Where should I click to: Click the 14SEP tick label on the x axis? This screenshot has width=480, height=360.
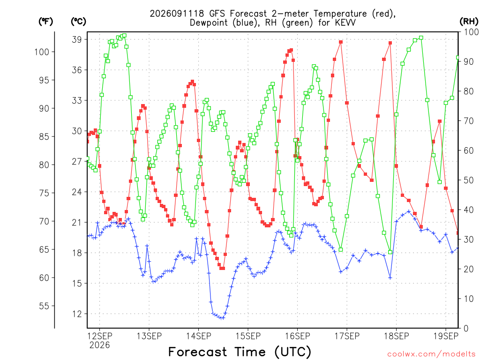tap(198, 336)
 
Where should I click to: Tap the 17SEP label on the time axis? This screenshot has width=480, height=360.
tap(347, 336)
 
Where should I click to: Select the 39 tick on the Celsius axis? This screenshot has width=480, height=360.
tap(77, 39)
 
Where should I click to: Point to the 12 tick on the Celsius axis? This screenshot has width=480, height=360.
tap(77, 314)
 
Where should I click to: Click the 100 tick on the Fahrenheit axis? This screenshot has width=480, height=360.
tap(42, 52)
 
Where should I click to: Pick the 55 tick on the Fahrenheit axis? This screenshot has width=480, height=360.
tap(44, 306)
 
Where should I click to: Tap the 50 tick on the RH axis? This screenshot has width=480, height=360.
tap(469, 180)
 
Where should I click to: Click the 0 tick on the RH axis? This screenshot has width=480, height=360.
tap(466, 329)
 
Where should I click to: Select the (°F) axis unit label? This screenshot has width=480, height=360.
tap(45, 22)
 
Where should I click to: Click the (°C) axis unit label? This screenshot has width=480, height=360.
tap(78, 22)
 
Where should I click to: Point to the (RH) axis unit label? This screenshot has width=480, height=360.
tap(469, 22)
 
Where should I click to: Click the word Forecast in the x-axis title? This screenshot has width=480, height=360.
tap(198, 352)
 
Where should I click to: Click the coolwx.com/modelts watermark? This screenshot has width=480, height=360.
tap(431, 354)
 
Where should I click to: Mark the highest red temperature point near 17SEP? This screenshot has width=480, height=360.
tap(341, 42)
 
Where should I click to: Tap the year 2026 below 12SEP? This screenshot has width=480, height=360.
tap(99, 345)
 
